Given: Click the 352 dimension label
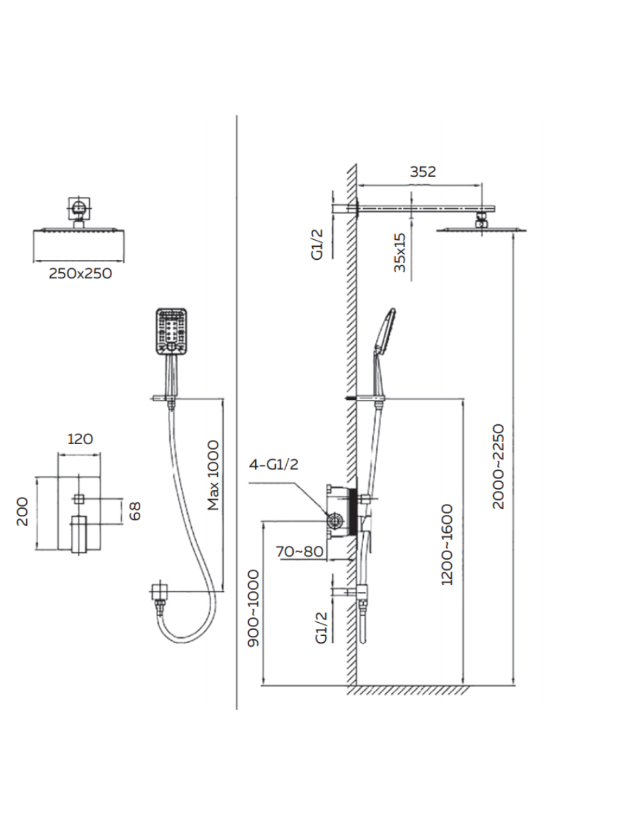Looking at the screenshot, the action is tap(423, 172).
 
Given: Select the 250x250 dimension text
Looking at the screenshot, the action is tap(80, 274).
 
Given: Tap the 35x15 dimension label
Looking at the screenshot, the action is tap(400, 252).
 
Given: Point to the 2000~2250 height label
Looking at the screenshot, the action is tap(499, 466).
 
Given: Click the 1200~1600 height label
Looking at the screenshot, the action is tap(447, 544).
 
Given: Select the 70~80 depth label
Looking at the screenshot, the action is tap(300, 551).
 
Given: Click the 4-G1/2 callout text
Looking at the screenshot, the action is tap(274, 465).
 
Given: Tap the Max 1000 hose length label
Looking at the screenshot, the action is tap(213, 476).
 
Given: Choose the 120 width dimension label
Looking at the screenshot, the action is tap(80, 439).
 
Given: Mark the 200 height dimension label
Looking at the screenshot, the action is tap(23, 512).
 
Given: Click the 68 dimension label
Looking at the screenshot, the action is tap(135, 511).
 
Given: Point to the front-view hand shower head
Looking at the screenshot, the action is tap(171, 331).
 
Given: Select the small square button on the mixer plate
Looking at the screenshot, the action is tap(79, 499).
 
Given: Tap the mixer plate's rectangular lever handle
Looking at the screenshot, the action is tap(79, 534).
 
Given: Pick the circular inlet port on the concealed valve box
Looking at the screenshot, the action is tap(334, 521).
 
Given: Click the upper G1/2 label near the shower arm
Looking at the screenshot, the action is tap(317, 244).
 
